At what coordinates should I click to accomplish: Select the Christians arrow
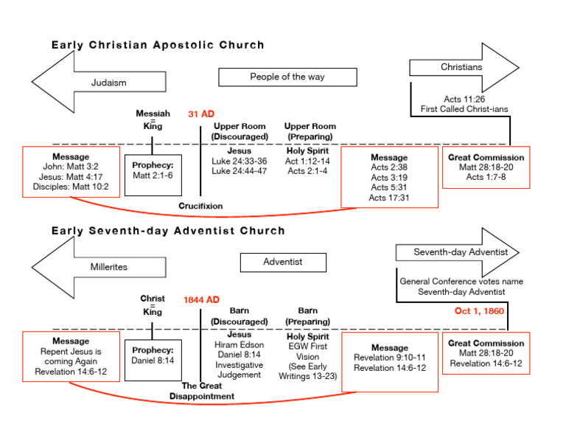point(464,68)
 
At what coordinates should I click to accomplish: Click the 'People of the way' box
point(287,77)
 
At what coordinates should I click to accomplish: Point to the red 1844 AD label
point(201,299)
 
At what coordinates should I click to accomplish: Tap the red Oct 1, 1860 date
point(479,311)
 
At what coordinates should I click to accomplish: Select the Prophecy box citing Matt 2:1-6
point(153,175)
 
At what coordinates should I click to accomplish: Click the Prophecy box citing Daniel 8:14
point(153,361)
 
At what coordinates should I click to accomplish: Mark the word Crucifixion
point(200,206)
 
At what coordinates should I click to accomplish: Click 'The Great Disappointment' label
point(208,391)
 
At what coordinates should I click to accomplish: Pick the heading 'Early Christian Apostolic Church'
point(158,46)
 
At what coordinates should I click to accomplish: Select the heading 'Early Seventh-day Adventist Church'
point(168,231)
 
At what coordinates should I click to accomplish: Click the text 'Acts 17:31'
point(388,198)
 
